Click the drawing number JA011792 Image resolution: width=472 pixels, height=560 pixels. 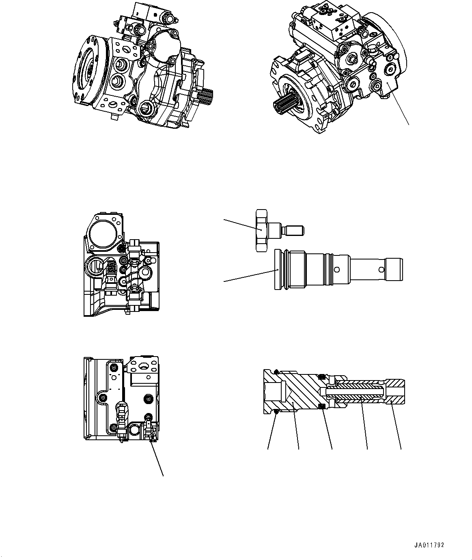(x=429, y=545)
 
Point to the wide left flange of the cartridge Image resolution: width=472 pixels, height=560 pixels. (x=277, y=270)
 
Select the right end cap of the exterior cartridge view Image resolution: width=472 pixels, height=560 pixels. (x=395, y=270)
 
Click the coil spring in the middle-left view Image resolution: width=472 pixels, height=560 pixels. (x=111, y=268)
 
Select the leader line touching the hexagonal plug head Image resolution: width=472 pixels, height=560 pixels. (x=241, y=225)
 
